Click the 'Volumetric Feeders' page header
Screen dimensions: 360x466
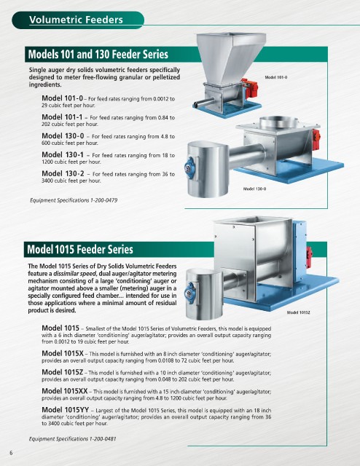click(x=76, y=20)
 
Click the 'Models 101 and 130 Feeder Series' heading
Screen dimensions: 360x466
click(x=98, y=55)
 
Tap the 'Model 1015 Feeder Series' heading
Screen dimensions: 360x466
click(x=80, y=249)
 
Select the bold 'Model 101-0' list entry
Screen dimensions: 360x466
click(x=62, y=98)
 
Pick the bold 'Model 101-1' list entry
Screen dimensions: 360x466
click(x=62, y=117)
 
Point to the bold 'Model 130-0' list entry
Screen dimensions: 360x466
click(x=63, y=136)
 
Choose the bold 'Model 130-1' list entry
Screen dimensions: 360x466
click(x=63, y=154)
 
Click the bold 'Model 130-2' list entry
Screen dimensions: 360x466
click(x=63, y=173)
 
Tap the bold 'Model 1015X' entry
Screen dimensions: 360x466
click(x=63, y=353)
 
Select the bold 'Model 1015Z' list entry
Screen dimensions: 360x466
click(x=63, y=372)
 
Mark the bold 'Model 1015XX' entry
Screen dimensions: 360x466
click(x=65, y=391)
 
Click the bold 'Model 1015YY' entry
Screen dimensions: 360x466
click(x=66, y=410)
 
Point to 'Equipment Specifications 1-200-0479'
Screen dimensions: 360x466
click(x=74, y=200)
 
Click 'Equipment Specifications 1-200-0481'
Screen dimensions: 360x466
click(x=73, y=438)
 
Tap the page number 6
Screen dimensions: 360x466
click(x=12, y=453)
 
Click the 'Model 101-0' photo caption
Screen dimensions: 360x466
click(x=275, y=77)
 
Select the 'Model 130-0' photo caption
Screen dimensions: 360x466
click(x=254, y=189)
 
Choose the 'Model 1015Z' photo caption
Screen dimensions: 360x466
click(x=298, y=312)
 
